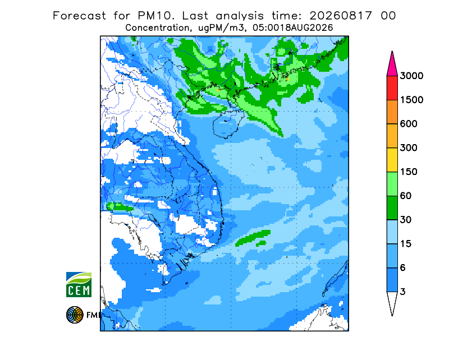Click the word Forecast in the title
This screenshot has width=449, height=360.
(79, 16)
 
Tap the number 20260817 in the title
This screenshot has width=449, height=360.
(341, 16)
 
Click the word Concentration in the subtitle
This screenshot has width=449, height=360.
(158, 28)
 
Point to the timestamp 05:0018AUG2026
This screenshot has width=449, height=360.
(292, 28)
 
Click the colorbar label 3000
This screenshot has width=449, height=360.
(411, 76)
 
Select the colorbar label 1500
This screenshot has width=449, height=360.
(411, 100)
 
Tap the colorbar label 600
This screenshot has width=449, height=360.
(409, 124)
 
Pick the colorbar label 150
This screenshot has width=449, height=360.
(409, 172)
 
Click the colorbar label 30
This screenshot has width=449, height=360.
(406, 220)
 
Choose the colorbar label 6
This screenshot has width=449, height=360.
(402, 268)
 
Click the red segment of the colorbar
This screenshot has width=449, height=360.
(392, 88)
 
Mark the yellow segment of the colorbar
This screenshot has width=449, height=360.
(392, 160)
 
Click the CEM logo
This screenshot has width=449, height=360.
(79, 284)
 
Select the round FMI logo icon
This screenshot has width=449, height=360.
(75, 315)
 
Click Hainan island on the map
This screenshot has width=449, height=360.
(228, 124)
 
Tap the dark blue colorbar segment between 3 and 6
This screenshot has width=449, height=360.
(392, 280)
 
